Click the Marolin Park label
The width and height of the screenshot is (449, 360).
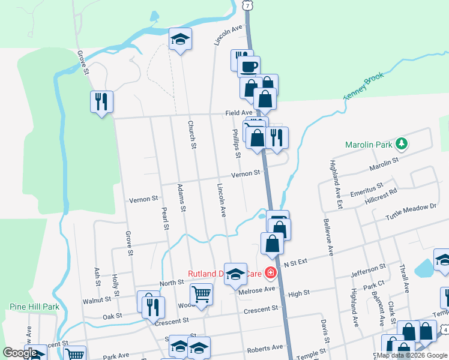(x=369, y=145)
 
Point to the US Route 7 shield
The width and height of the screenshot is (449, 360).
(x=247, y=5)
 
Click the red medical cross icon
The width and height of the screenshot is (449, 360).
(x=271, y=274)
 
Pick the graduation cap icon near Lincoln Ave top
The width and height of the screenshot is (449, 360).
(x=179, y=40)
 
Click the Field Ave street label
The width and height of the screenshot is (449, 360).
(x=239, y=113)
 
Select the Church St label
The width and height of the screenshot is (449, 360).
(x=192, y=135)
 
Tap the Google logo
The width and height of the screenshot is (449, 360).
(x=20, y=353)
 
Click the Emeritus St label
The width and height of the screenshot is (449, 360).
(x=367, y=190)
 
